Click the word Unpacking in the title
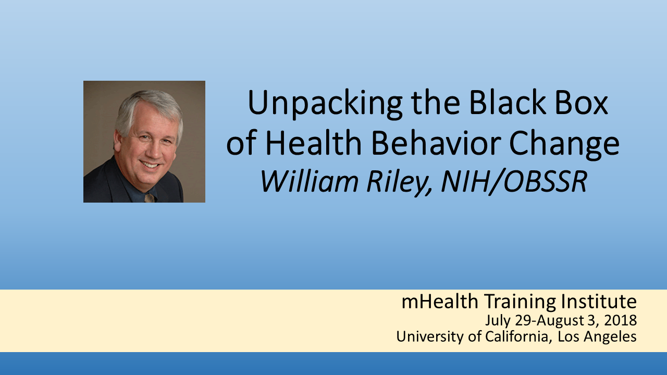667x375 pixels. (x=325, y=104)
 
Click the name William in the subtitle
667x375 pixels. (x=310, y=181)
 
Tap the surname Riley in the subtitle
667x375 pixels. (x=399, y=183)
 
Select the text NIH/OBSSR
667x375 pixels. (x=514, y=182)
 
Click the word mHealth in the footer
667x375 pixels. (x=440, y=301)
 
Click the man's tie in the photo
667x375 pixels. (x=150, y=198)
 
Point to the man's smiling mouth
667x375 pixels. (x=150, y=164)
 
